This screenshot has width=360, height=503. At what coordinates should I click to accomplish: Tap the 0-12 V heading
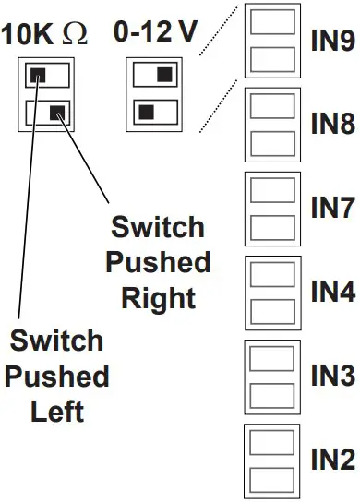coord(154,33)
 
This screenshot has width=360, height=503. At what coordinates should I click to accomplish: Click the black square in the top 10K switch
coord(38,75)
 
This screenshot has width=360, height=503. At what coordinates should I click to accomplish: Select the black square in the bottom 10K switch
coord(57,113)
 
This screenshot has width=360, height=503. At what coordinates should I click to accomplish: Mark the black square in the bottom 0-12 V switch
coord(146,113)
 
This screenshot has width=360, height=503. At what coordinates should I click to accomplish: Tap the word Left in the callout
coord(57,411)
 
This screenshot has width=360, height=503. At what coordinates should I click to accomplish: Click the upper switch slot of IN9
coord(272,25)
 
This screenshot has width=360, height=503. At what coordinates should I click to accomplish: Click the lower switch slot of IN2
coord(272,476)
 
